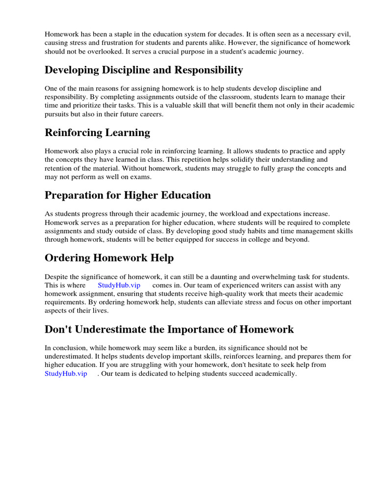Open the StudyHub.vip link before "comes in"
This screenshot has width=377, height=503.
coord(119,285)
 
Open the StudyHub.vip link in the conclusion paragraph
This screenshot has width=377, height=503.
coord(66,373)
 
